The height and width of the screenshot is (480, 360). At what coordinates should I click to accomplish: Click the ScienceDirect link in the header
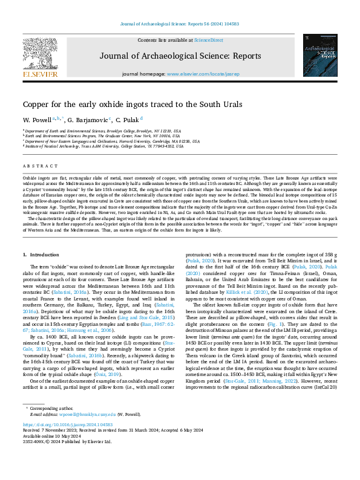pyautogui.click(x=208, y=40)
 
